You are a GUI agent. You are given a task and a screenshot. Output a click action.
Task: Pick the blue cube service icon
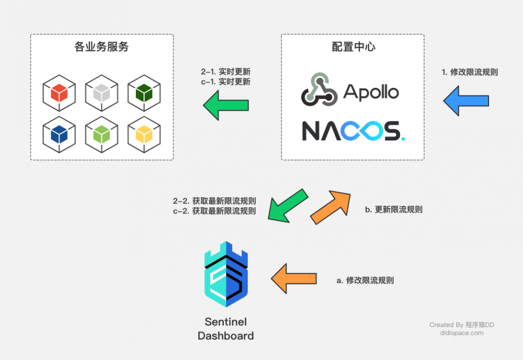point(59,134)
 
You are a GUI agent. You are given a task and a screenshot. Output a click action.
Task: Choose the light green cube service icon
point(101,134)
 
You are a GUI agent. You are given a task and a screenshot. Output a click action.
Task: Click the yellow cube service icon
point(143,134)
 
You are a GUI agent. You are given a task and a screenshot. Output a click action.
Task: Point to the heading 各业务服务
point(101,47)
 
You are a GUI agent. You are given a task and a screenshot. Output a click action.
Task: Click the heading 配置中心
point(354,47)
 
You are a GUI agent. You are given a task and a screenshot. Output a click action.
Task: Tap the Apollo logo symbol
point(319,91)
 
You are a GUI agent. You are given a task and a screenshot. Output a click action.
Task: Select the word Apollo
point(371,93)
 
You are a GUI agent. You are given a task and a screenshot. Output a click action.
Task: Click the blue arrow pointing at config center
point(466,101)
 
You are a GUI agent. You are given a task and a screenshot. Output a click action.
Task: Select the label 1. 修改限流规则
point(470,72)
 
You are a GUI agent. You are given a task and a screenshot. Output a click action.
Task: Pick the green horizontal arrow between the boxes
point(225,105)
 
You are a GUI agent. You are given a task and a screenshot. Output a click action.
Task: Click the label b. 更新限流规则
point(393,209)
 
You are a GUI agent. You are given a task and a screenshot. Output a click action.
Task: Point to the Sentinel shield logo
point(226,274)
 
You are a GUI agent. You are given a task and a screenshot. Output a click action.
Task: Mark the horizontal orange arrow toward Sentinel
point(293,278)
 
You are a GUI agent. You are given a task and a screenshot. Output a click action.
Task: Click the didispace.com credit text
point(462,333)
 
